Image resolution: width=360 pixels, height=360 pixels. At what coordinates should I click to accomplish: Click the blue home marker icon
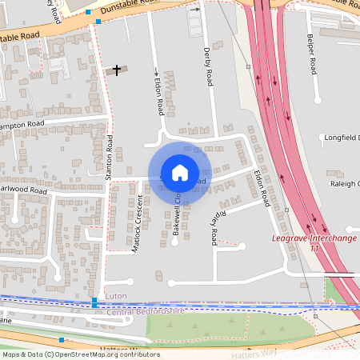point(180,172)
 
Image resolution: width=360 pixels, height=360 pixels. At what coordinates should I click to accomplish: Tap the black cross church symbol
point(117,70)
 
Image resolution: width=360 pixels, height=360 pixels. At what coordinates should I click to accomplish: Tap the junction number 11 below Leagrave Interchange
point(314,250)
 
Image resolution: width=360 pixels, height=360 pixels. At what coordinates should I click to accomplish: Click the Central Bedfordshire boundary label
point(146,310)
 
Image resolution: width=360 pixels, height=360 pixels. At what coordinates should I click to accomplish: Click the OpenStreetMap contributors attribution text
point(80,354)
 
